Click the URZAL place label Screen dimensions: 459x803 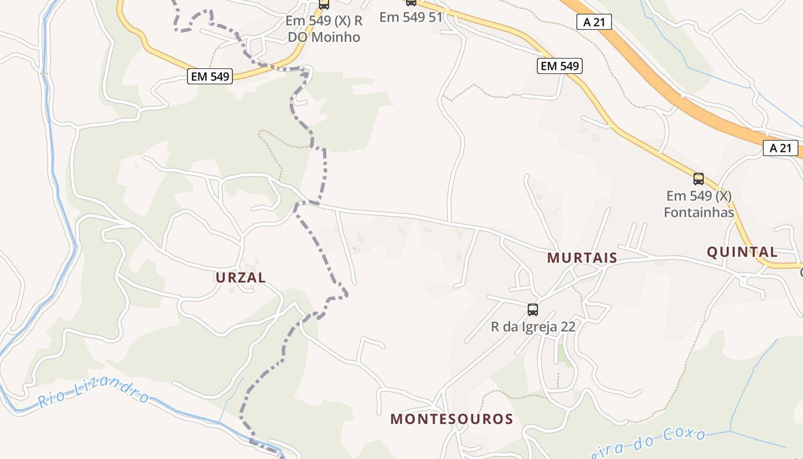[x=240, y=278]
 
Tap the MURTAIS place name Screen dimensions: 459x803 [x=582, y=258]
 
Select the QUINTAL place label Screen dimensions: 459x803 [x=742, y=252]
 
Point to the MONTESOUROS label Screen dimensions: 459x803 [x=451, y=419]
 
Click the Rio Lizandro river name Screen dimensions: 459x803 [x=94, y=396]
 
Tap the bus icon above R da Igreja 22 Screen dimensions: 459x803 [x=533, y=310]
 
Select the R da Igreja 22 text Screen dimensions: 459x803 [x=533, y=326]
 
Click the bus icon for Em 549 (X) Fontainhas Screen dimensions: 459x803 [x=698, y=178]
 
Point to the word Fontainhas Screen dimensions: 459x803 [x=699, y=212]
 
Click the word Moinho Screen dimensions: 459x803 [x=340, y=37]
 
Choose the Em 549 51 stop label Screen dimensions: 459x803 [x=411, y=17]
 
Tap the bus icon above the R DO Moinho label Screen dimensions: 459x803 [x=324, y=4]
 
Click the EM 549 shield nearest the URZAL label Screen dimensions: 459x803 [x=209, y=76]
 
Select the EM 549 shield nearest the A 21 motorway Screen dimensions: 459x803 [x=560, y=66]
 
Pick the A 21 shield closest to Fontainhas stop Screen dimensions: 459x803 [x=781, y=148]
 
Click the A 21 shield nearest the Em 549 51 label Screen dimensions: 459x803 [x=594, y=22]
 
